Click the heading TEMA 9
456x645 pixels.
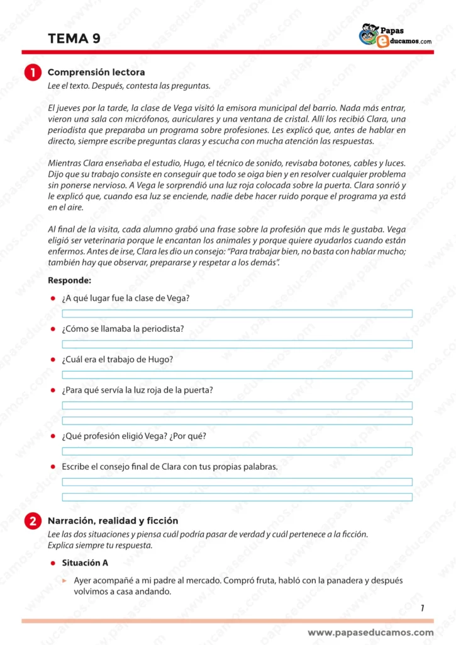(74, 38)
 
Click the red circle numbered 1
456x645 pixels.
(33, 73)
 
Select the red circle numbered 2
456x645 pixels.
(33, 522)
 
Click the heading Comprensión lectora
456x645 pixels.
(96, 72)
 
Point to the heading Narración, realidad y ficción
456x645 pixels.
(113, 521)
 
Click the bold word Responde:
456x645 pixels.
(69, 280)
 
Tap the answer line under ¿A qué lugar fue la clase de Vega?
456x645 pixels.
(236, 314)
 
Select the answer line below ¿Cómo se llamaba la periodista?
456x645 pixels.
(236, 344)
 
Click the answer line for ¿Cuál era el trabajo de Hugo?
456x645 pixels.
(236, 375)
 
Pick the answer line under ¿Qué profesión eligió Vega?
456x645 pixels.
(236, 451)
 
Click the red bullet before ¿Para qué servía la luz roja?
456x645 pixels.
(54, 391)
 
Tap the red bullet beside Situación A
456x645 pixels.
(54, 562)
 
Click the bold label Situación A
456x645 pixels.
(85, 562)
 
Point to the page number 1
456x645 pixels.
(422, 608)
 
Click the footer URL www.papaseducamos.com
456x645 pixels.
(370, 632)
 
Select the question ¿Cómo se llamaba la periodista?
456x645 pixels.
(123, 329)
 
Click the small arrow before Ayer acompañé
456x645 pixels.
(65, 581)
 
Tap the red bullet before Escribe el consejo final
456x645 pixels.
(54, 467)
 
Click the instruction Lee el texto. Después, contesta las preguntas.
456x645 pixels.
(129, 86)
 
